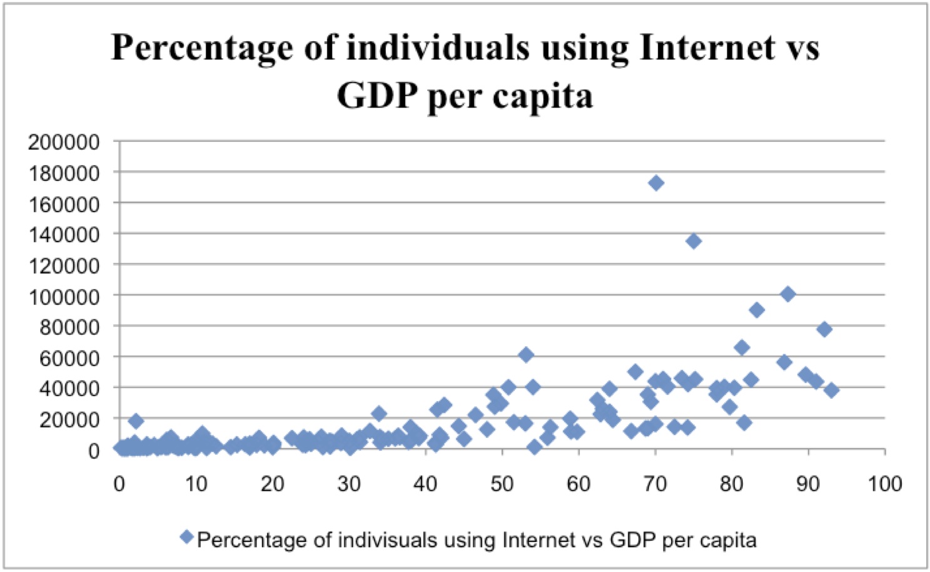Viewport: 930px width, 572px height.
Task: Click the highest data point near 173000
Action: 655,183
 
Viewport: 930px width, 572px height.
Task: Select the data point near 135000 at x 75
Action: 693,241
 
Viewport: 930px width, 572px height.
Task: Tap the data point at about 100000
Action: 788,294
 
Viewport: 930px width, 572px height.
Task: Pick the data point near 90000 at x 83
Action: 757,310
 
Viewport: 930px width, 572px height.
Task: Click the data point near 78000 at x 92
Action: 824,329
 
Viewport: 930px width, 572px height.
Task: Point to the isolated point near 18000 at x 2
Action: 136,421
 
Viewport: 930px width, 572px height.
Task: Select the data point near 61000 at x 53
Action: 526,355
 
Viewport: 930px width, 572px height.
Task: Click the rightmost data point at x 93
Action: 831,390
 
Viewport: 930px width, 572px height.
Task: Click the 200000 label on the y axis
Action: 64,142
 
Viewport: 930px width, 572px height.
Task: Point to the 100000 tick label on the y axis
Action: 64,296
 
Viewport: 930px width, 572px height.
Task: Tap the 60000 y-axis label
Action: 69,358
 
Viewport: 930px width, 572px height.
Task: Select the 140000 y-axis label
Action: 64,235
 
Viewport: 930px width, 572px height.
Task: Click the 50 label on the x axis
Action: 502,484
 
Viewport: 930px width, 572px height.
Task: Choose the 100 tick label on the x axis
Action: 885,484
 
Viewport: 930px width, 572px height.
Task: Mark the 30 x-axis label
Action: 349,484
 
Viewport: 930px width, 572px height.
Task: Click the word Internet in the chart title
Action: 707,48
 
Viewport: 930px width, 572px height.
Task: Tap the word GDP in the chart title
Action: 377,96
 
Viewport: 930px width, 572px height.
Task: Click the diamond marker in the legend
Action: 186,537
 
